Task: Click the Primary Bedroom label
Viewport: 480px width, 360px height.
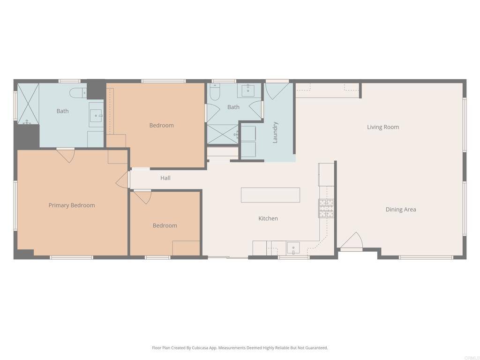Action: pos(72,205)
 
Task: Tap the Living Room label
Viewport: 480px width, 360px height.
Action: pos(383,127)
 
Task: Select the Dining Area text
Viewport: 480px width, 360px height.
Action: pos(401,210)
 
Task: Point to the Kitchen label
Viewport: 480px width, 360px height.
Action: pos(268,218)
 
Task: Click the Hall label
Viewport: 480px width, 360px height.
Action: pos(165,178)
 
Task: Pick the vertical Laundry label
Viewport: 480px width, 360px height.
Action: pos(275,132)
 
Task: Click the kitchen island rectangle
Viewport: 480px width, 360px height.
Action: pos(270,195)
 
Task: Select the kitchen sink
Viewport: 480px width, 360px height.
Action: pos(293,248)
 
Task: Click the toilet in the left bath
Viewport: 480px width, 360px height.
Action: pos(78,93)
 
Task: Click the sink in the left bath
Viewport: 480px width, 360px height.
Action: pos(96,115)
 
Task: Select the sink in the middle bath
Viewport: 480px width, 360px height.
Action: pos(248,90)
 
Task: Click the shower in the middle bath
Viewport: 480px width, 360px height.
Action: pos(223,134)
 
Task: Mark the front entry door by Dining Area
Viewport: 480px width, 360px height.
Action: pos(352,241)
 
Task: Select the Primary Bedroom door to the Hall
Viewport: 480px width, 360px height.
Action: pos(123,180)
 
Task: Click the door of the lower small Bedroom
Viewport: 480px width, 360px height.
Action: pos(142,196)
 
